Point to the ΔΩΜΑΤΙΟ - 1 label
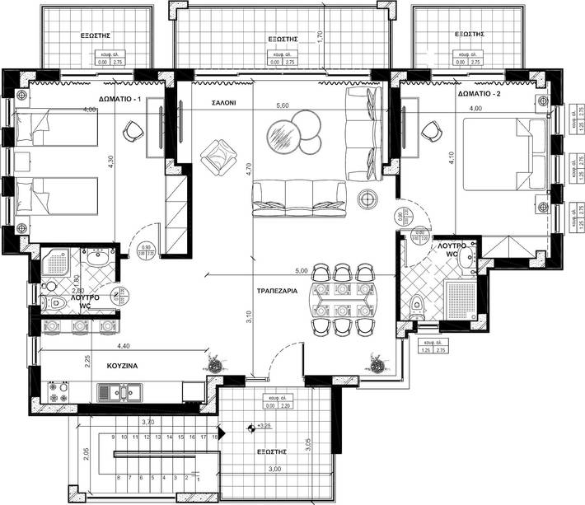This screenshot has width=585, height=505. coord(120,99)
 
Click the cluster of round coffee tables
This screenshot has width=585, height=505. coord(295,133)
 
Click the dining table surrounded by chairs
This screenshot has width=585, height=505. coord(343,301)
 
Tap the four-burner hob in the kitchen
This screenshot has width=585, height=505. coord(59,392)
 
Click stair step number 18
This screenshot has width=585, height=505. coord(214,437)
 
